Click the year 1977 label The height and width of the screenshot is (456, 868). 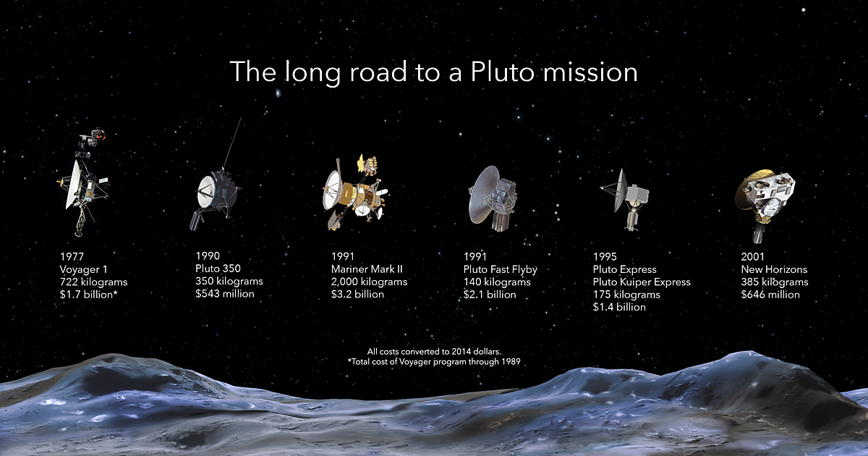(x=73, y=256)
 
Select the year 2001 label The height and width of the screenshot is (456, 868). (x=753, y=256)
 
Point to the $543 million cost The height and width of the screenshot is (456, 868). (x=225, y=294)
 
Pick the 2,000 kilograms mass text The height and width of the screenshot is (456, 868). (x=369, y=282)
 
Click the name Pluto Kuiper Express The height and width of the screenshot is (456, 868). (x=642, y=282)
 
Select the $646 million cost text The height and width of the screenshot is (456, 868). (x=770, y=295)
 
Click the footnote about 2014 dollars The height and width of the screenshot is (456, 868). (x=434, y=351)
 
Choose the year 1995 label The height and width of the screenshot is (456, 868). (x=605, y=256)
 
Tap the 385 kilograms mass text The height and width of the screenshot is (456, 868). (x=775, y=282)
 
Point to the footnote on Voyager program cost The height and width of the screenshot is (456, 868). (x=434, y=360)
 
